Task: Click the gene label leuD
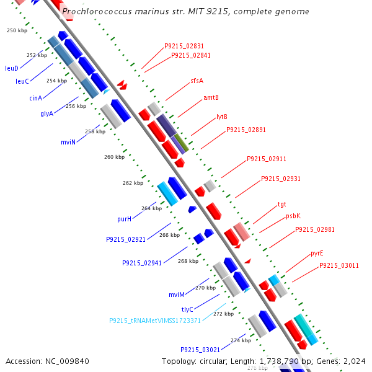point(12,68)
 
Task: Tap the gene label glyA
point(46,113)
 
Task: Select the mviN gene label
point(68,142)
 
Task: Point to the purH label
point(125,219)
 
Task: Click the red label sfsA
point(197,81)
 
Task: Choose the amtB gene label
point(211,97)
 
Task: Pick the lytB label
point(222,117)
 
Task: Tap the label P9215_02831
point(184,46)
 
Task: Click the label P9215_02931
point(281,179)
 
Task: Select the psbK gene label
point(293,216)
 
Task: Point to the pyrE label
point(317,254)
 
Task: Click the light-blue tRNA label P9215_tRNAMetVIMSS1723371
point(155,321)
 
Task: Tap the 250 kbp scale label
point(17,30)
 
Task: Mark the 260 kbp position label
point(114,157)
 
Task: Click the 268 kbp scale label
point(188,261)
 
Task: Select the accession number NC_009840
point(67,361)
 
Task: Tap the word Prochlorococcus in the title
point(97,11)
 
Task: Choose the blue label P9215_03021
point(200,350)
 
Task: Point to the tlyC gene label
point(187,309)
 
